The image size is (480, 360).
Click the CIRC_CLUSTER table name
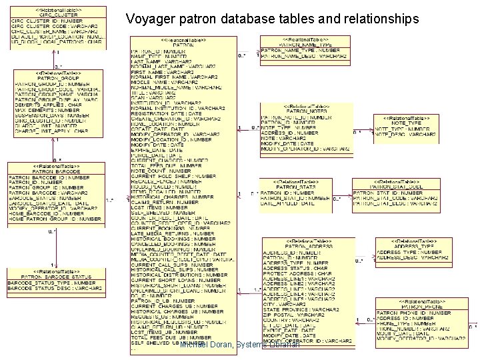point(55,15)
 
